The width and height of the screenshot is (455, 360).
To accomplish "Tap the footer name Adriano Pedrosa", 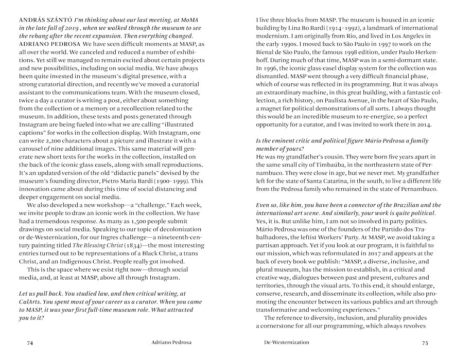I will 176,341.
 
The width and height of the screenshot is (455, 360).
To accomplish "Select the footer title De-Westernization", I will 283,341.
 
